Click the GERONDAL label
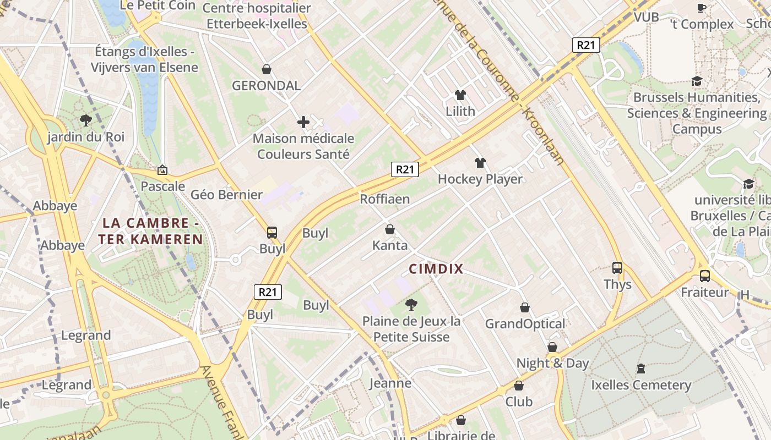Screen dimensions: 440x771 266,86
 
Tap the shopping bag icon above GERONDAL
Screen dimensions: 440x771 267,69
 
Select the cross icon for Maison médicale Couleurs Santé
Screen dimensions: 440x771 303,122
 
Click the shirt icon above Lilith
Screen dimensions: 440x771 460,95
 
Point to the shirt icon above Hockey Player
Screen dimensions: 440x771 480,163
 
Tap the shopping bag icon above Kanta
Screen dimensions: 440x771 390,229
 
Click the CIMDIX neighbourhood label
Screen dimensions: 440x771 436,269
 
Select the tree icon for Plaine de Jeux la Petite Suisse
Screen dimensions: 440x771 411,304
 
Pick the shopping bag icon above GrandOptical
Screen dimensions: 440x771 525,307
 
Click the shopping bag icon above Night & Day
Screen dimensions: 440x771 552,347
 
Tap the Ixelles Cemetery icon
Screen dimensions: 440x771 640,368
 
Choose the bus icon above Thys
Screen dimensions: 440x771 617,268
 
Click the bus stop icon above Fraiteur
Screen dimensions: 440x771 704,276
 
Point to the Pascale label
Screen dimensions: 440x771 162,186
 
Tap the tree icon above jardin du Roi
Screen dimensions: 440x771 85,120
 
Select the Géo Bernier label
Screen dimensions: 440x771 226,195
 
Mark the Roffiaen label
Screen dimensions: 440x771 385,199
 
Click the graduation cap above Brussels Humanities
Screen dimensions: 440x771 697,81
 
